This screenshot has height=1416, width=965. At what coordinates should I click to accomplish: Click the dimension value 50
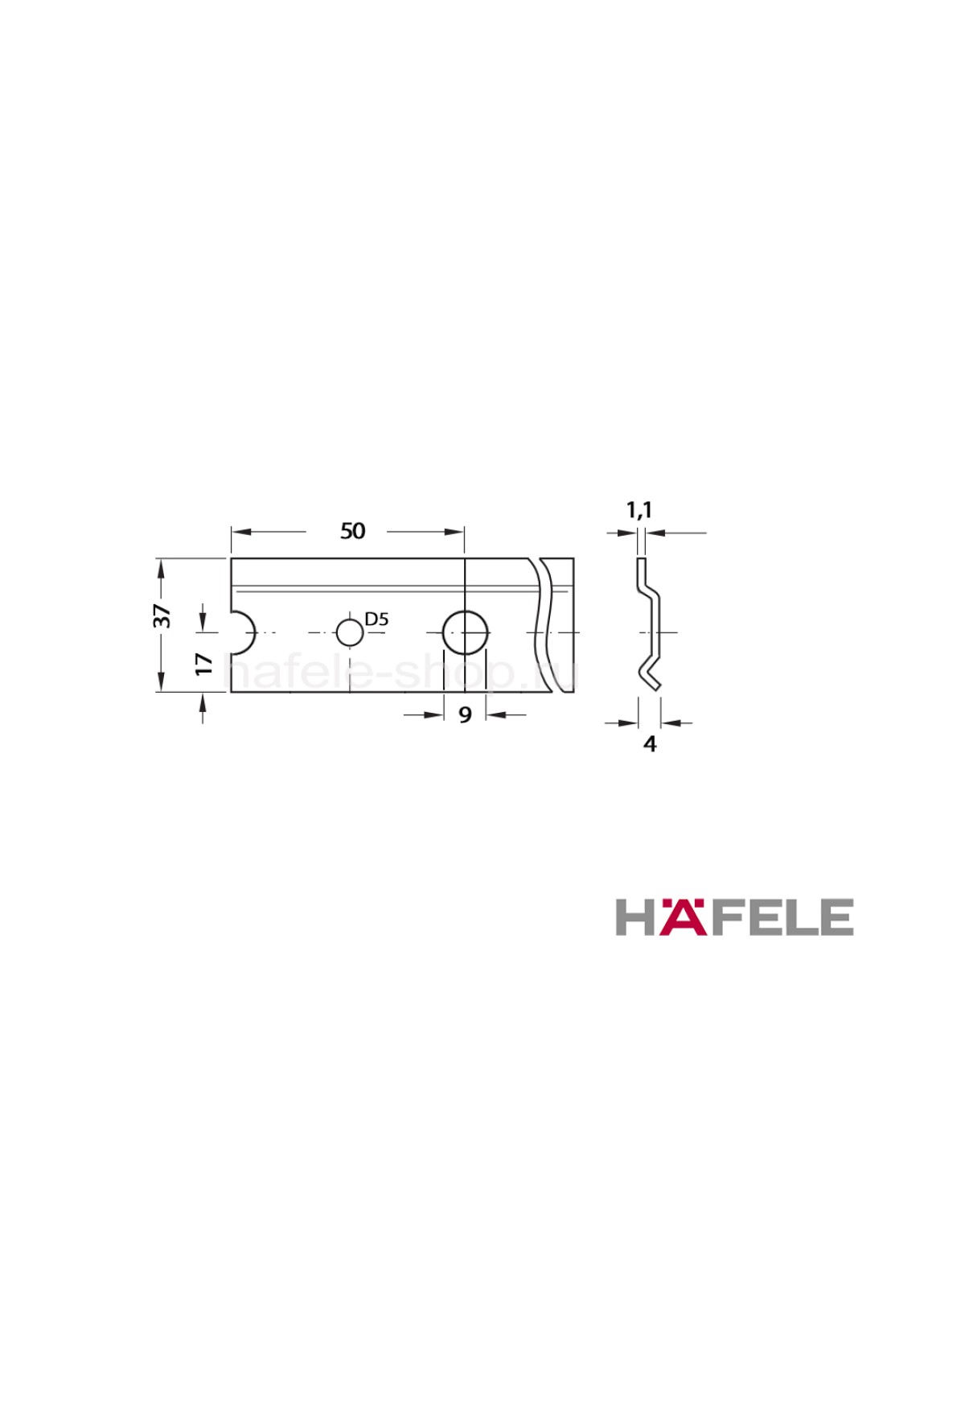353,531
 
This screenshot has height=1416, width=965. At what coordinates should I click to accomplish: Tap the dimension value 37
162,615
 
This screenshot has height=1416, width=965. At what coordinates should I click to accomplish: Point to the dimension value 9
465,714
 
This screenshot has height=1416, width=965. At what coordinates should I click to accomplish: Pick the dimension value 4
650,745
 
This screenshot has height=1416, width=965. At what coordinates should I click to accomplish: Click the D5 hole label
376,619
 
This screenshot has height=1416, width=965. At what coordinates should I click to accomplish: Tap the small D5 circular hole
350,632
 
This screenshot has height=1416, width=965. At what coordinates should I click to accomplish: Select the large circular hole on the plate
466,632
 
